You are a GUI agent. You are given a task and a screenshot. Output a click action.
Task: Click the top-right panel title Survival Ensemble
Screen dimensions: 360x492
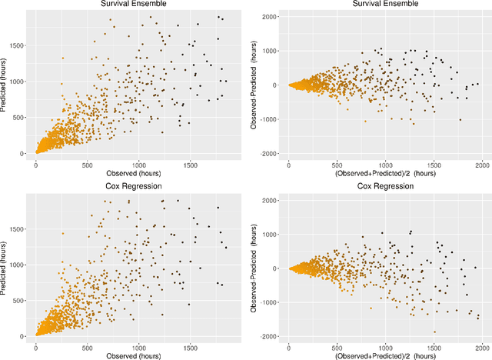[x=382, y=5]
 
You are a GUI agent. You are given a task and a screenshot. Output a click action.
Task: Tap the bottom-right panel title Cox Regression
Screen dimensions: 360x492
[x=382, y=187]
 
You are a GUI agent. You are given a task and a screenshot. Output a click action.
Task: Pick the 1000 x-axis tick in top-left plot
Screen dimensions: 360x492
[x=139, y=165]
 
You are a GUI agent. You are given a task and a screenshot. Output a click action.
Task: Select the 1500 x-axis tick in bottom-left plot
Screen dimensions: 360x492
[x=190, y=347]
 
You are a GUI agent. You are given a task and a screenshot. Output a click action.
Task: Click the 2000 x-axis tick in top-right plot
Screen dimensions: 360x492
[x=483, y=165]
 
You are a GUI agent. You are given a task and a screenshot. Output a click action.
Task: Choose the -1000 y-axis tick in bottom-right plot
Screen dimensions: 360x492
[x=270, y=302]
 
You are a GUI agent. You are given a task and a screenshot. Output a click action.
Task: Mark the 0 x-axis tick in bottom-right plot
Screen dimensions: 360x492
[x=288, y=347]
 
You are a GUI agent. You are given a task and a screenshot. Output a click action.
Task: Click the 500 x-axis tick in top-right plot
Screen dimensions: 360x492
[x=337, y=165]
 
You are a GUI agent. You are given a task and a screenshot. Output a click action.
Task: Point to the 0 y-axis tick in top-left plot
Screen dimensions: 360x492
[x=25, y=153]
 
